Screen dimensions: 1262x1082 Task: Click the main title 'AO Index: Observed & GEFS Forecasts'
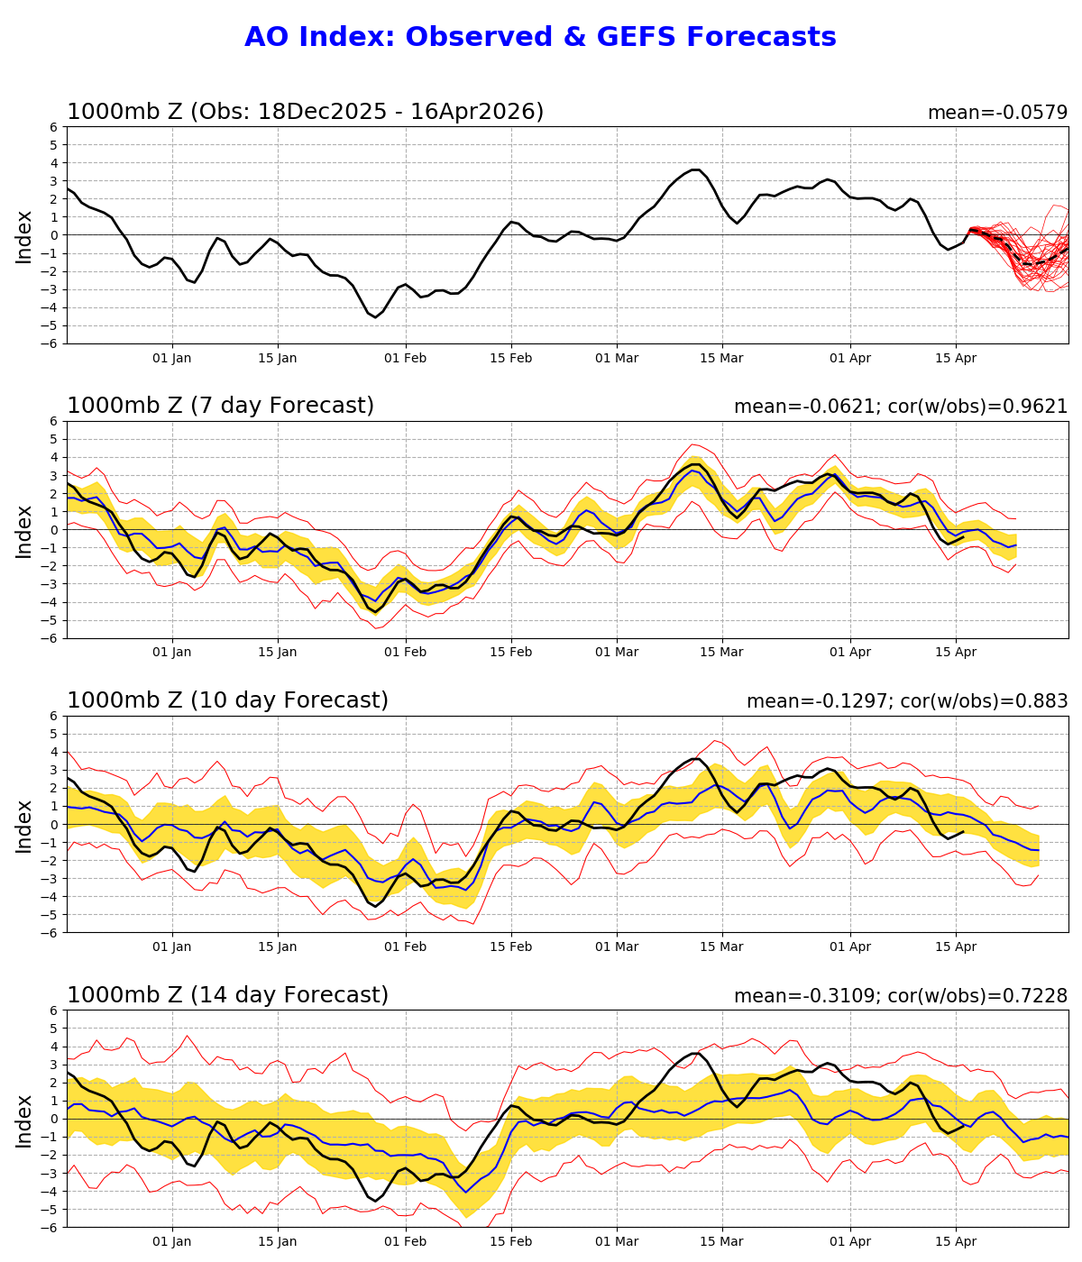(540, 37)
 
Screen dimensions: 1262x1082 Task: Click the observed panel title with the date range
(306, 112)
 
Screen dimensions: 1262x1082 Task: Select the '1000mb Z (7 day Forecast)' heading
(220, 406)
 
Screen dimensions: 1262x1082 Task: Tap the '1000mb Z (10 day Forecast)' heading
(227, 700)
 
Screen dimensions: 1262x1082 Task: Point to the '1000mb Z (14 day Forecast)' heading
(227, 995)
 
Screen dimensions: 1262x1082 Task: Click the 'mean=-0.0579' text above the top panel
(997, 113)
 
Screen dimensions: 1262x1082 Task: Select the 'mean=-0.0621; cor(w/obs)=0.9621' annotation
(901, 407)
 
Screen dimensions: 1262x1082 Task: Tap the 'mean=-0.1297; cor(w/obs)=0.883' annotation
(907, 701)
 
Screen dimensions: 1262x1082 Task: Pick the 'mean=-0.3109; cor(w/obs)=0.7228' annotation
(901, 996)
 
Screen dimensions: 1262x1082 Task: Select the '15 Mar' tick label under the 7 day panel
(721, 653)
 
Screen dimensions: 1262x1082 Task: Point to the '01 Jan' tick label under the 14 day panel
(172, 1242)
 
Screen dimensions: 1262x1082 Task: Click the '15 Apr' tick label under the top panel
(956, 358)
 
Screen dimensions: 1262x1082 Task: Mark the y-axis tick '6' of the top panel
(54, 127)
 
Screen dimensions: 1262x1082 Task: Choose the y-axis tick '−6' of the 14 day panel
(50, 1227)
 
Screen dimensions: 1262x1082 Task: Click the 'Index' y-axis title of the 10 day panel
(24, 825)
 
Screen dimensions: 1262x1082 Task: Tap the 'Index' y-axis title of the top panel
(24, 235)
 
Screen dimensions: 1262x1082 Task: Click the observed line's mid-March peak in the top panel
(694, 169)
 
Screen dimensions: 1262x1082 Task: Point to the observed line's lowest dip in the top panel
(376, 317)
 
